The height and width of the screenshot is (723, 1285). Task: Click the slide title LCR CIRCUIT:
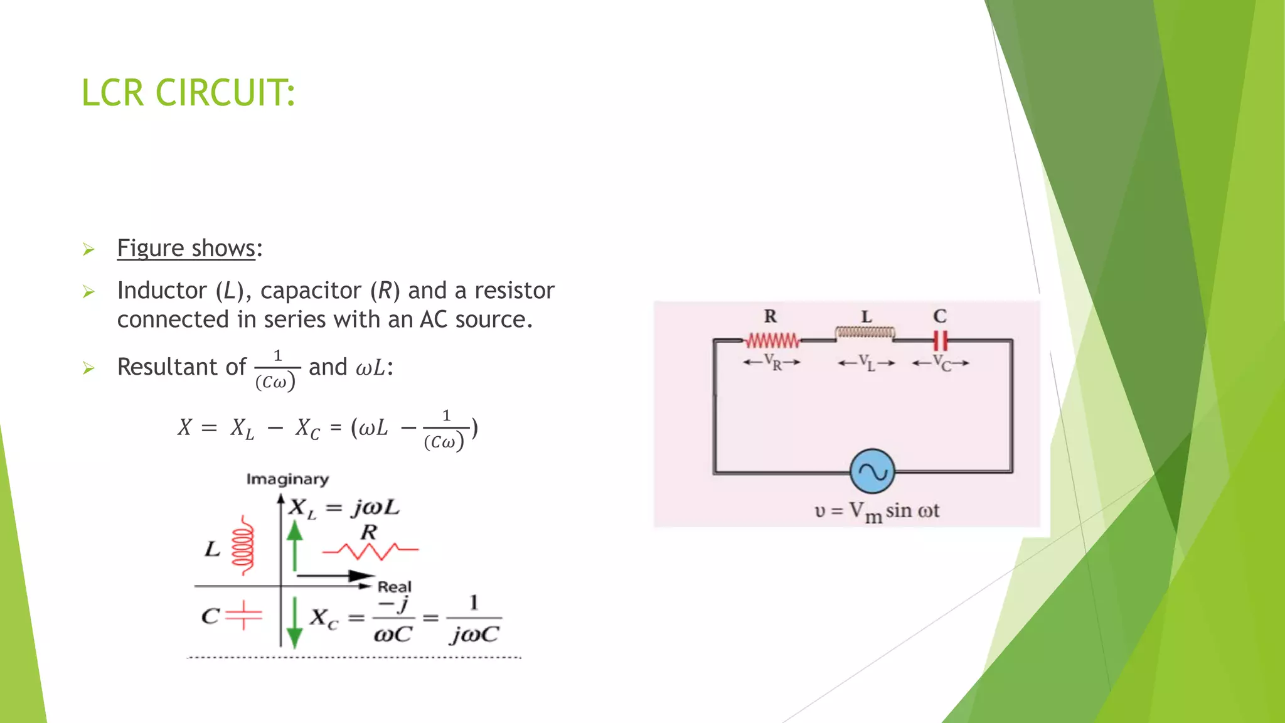188,93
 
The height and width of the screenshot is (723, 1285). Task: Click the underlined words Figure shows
186,249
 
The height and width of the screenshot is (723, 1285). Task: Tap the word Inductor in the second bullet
162,291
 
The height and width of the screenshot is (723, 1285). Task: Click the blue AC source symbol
872,471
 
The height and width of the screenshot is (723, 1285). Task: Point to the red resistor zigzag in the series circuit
772,341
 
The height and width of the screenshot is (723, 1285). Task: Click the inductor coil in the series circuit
865,332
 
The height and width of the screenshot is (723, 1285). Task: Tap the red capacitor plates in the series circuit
940,340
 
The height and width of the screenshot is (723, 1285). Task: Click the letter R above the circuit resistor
770,316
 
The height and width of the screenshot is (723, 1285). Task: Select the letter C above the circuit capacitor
940,316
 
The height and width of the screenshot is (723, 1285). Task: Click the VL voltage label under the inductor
866,363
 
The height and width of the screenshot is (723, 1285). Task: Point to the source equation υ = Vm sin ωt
877,511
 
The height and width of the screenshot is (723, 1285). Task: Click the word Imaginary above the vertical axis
287,479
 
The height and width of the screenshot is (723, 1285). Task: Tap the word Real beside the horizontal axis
395,587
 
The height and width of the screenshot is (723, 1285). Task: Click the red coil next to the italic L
243,545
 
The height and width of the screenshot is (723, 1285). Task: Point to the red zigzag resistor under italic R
370,550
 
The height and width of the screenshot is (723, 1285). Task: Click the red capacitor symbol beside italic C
243,615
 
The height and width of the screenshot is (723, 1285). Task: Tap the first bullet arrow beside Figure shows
88,250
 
